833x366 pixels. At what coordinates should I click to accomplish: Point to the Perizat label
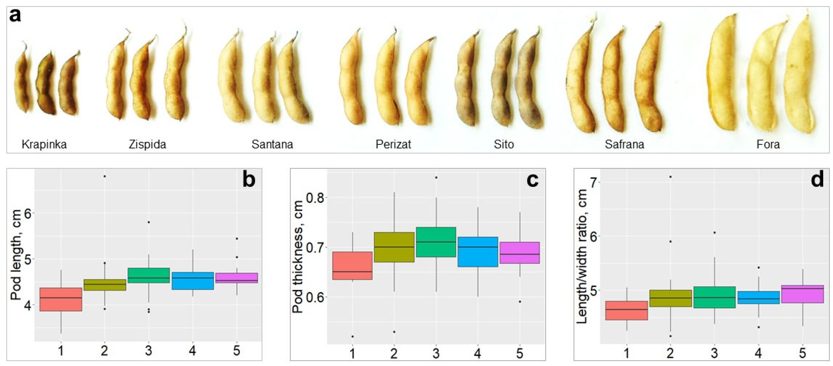point(393,144)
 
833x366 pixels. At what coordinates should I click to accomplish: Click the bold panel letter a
point(15,16)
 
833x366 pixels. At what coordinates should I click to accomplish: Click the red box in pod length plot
point(61,299)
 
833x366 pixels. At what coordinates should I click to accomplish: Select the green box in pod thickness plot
point(436,242)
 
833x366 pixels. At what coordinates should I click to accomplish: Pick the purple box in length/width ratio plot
point(802,294)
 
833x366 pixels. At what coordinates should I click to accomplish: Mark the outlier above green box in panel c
point(436,177)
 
